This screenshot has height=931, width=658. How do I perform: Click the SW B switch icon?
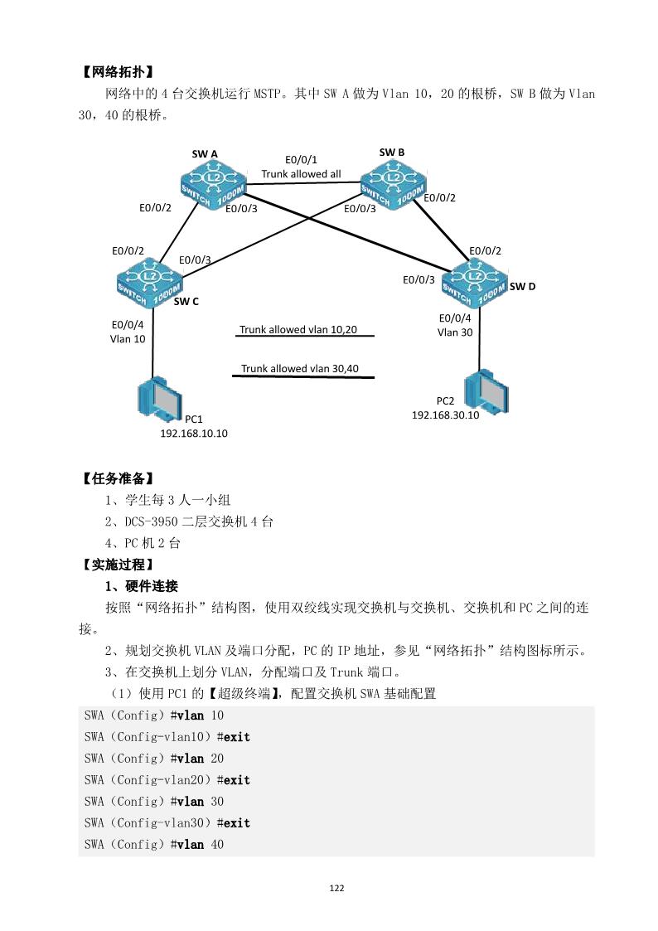coord(394,181)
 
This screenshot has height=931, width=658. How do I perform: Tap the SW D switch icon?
coord(474,279)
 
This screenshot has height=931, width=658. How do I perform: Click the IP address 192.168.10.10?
coord(194,433)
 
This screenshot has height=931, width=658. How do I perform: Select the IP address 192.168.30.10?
coord(445,415)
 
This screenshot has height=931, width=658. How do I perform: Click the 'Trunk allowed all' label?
coord(301,174)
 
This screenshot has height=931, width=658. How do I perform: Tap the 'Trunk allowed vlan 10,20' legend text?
coord(298,329)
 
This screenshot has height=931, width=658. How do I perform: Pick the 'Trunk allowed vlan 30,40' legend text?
coord(300,368)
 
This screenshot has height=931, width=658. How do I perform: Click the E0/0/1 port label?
coord(301,159)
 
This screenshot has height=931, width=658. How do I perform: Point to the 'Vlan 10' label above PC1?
coord(128,338)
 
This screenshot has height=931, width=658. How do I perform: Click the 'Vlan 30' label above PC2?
coord(455,332)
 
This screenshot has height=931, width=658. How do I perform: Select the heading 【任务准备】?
coord(117,478)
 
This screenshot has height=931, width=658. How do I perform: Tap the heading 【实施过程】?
coord(117,565)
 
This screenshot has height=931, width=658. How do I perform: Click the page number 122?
coord(336,888)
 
